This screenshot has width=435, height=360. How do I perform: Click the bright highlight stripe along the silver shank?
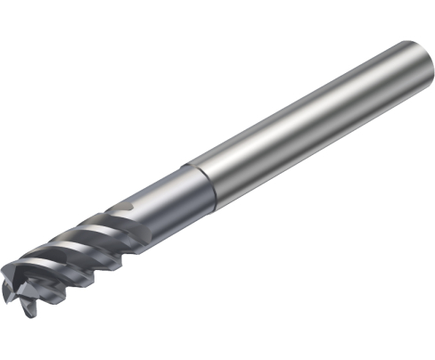pos(294,107)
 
